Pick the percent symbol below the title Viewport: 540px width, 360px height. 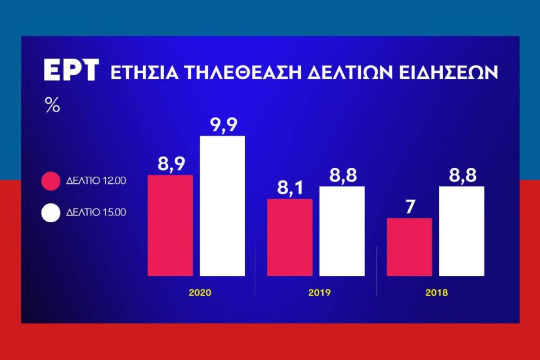pos(52,106)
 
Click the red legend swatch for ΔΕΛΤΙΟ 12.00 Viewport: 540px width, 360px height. pos(50,181)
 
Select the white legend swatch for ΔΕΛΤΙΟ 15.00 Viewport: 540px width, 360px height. pos(50,212)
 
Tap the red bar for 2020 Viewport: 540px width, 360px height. pos(170,225)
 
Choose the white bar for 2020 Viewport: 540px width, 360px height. pos(222,206)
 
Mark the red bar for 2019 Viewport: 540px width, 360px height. pos(290,237)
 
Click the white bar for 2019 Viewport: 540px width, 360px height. pos(342,231)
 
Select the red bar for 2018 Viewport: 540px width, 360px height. pos(409,247)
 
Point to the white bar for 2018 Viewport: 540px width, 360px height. pos(462,231)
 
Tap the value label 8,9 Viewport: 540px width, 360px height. pos(170,164)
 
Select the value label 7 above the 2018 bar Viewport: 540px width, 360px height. pos(409,208)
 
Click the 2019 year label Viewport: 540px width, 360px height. pos(319,292)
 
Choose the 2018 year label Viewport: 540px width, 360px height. pos(436,292)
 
